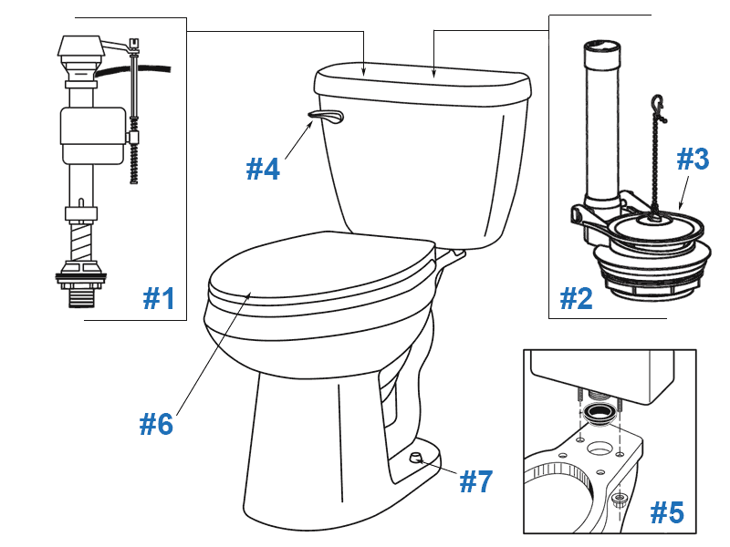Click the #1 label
click(x=160, y=298)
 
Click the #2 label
click(x=577, y=298)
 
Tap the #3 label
click(x=692, y=160)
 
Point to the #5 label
click(x=666, y=513)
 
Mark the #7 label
click(x=475, y=481)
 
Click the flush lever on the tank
click(x=328, y=115)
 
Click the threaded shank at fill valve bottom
click(x=83, y=293)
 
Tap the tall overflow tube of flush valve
click(x=601, y=119)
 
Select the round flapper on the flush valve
click(x=652, y=224)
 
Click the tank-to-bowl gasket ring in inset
click(x=599, y=417)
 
